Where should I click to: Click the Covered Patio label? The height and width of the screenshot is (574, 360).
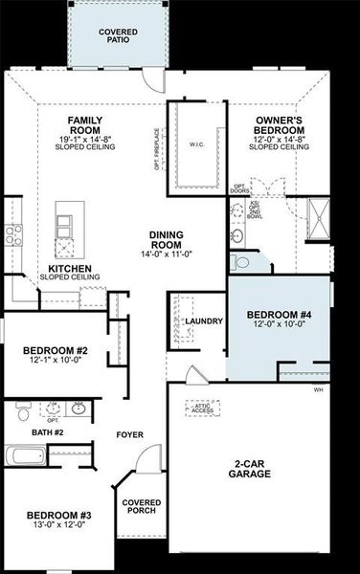[117, 37]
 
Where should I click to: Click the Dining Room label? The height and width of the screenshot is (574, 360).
[173, 239]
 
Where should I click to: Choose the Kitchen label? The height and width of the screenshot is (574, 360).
[70, 269]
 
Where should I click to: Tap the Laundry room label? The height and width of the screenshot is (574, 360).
[204, 321]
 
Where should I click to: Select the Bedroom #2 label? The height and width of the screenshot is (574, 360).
[56, 350]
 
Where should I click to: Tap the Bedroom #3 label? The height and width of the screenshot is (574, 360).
[56, 516]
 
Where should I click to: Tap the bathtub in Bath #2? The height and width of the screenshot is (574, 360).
[26, 456]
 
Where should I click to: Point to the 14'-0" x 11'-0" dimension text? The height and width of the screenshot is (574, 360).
[173, 254]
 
